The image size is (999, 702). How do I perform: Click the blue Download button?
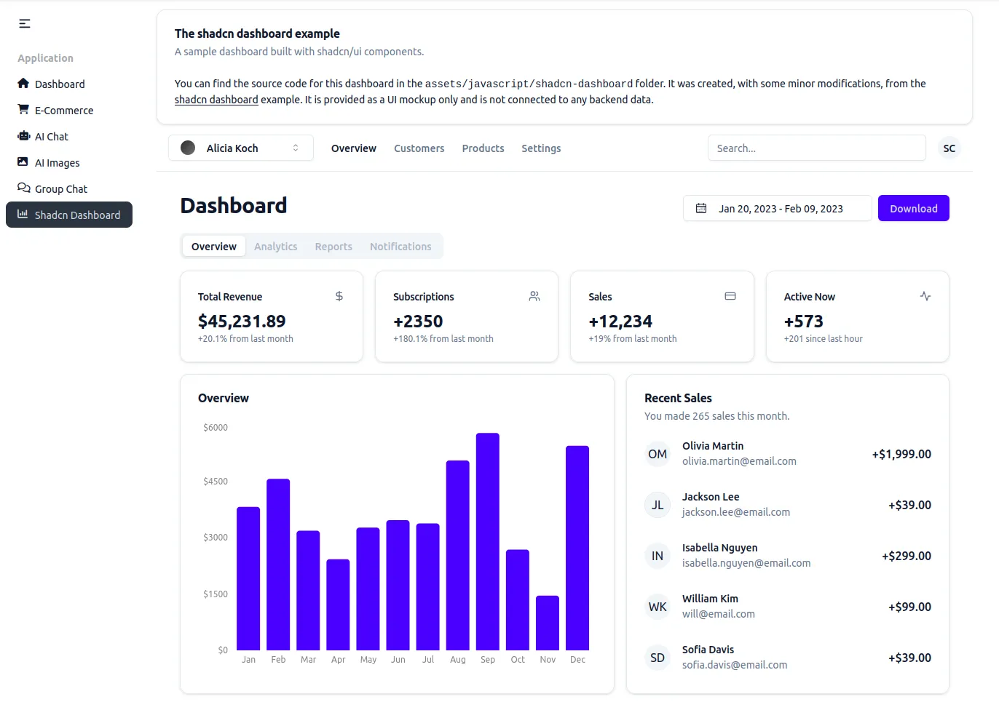(x=913, y=209)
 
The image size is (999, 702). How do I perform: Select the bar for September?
(x=487, y=541)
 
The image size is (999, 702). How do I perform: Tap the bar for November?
(x=547, y=623)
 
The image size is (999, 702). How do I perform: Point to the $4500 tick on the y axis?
(x=216, y=482)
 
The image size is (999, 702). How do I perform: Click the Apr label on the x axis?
(x=338, y=660)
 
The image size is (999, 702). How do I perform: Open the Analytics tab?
(x=275, y=247)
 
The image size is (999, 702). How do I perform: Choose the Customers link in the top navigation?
(x=419, y=148)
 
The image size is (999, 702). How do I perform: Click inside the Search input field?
(x=816, y=148)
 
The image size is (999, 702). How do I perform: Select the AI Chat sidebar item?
(x=52, y=137)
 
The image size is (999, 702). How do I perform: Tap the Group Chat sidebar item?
(x=61, y=189)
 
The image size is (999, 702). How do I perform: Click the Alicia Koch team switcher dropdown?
(x=240, y=148)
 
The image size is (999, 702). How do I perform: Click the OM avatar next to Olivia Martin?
(x=657, y=454)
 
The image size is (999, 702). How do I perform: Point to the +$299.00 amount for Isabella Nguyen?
(x=906, y=556)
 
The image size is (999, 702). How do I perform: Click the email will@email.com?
(x=718, y=614)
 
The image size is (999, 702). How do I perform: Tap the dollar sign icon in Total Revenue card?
(x=339, y=296)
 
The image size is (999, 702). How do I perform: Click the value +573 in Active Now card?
(x=803, y=322)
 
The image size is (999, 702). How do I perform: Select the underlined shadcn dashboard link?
(x=216, y=100)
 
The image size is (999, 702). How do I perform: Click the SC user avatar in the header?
(x=949, y=148)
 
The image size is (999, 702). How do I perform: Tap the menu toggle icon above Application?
(x=25, y=24)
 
